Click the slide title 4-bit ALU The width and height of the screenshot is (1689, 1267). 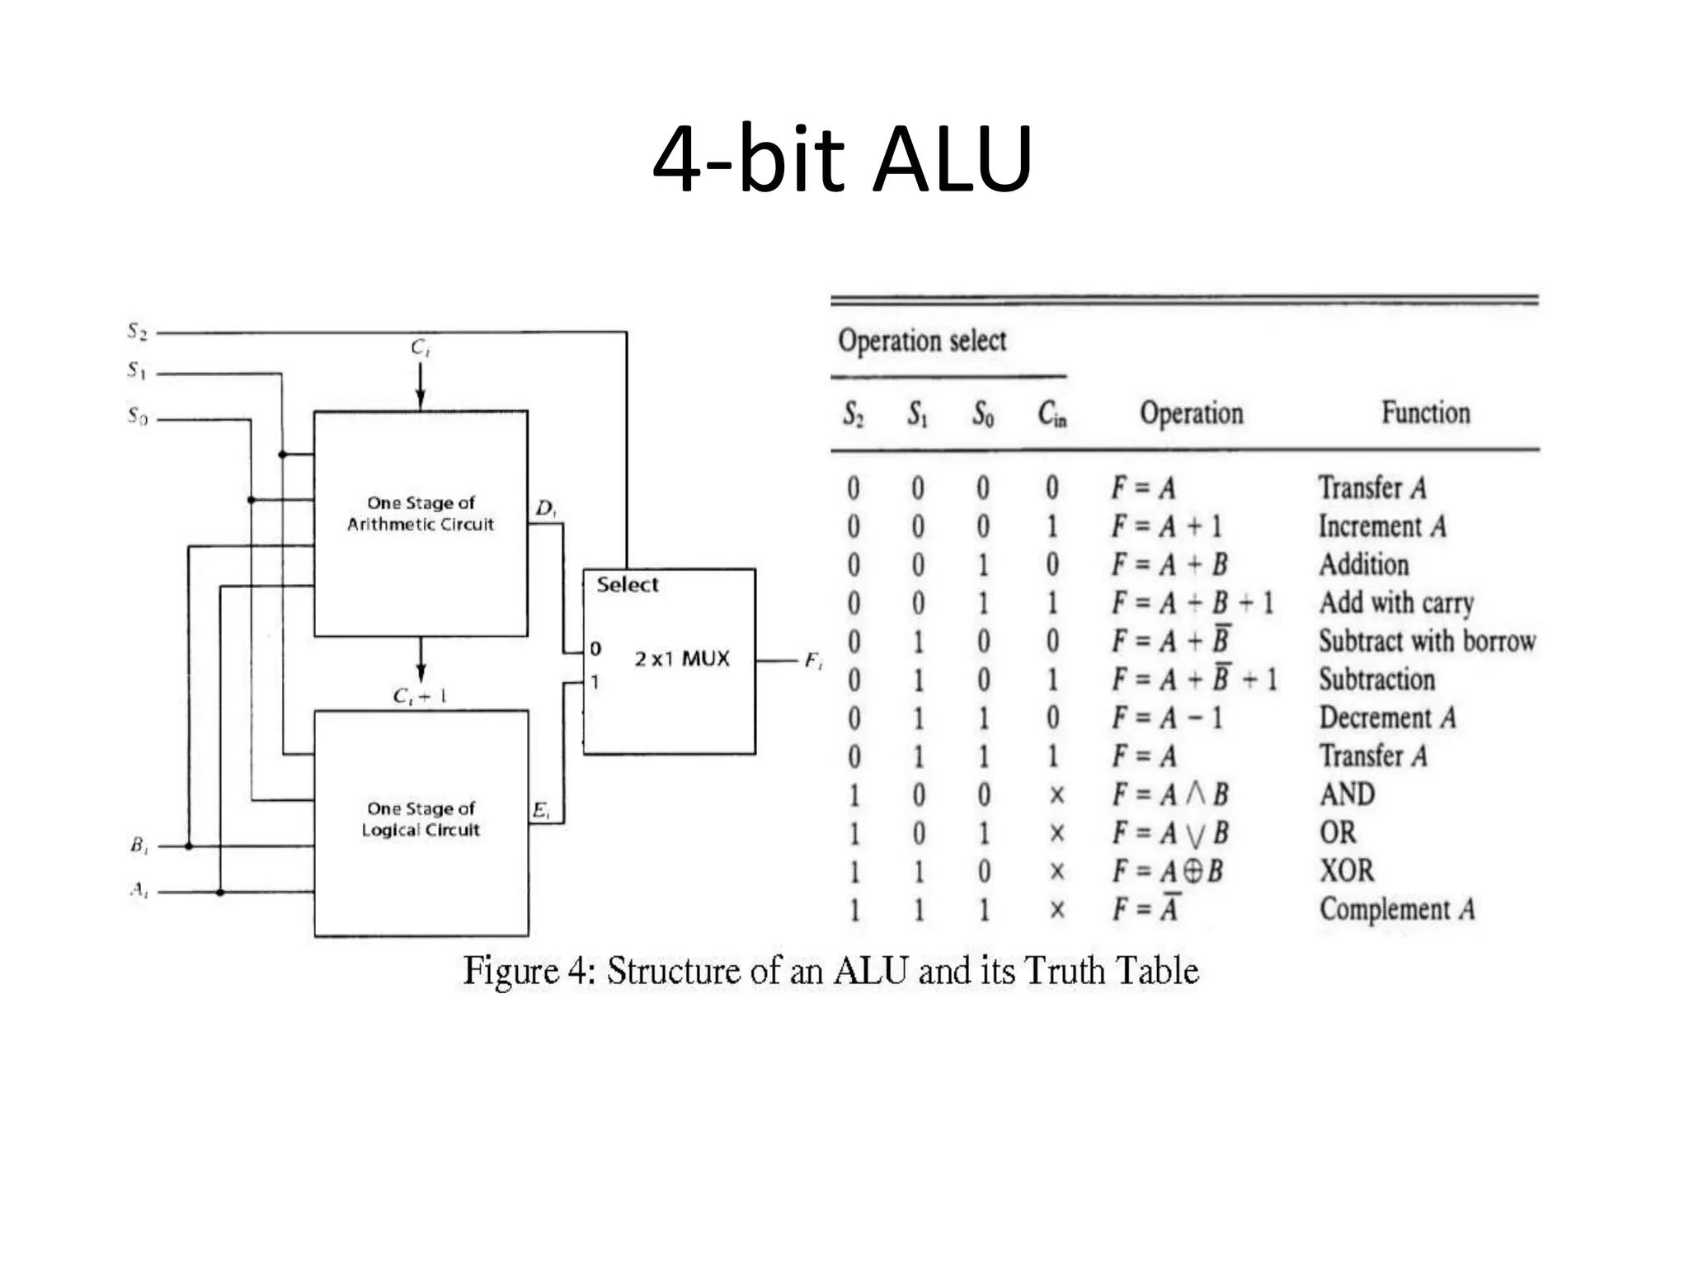click(842, 158)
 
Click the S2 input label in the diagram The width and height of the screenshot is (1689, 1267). click(137, 331)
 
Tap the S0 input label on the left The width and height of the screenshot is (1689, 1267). click(137, 416)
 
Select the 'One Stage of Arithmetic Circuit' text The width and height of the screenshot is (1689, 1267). click(420, 513)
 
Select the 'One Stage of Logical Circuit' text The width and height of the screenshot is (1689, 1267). click(420, 819)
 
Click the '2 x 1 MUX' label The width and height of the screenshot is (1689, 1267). click(681, 658)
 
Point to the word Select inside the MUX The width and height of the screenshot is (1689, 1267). click(627, 585)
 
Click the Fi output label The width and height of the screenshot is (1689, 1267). click(812, 661)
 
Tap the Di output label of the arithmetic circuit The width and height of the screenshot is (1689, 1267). click(545, 508)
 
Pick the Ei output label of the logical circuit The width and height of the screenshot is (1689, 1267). click(540, 810)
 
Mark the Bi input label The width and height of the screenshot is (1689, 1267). click(139, 845)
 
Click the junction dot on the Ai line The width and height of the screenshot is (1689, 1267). click(220, 892)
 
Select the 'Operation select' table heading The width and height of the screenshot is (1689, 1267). click(922, 341)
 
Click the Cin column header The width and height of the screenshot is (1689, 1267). click(1052, 413)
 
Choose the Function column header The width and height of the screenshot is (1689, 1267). click(1425, 412)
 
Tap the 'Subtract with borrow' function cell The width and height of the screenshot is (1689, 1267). click(1426, 641)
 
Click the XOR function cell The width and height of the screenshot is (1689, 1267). click(1347, 870)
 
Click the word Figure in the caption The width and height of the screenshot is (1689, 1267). click(512, 971)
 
